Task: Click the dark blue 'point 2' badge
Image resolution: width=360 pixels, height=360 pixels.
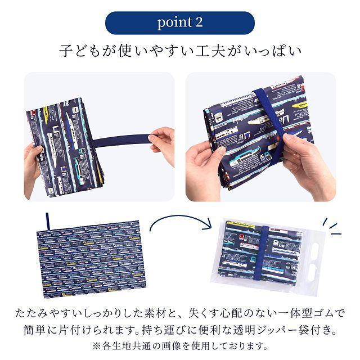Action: tap(180, 23)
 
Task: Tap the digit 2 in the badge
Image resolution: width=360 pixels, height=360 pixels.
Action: tap(197, 23)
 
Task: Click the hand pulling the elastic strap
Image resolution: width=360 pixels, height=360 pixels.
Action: tap(161, 141)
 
